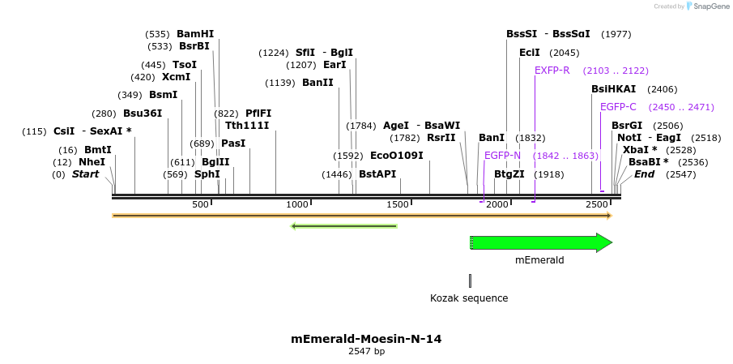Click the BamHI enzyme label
pos(195,34)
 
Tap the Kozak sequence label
pos(469,298)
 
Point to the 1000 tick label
pos(298,205)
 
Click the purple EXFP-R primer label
pos(552,71)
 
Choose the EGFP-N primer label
pos(502,155)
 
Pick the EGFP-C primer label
pos(618,106)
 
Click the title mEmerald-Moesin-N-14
pos(366,339)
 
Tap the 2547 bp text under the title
pos(366,352)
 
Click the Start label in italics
pos(85,174)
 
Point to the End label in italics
pos(644,174)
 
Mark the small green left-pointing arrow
pos(344,225)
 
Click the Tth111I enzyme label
pos(247,126)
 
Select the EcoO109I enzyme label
pos(397,155)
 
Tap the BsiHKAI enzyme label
pos(613,89)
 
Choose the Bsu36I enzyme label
pos(143,113)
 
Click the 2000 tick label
pos(497,205)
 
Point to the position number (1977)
pos(616,34)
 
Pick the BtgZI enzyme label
pos(509,174)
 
